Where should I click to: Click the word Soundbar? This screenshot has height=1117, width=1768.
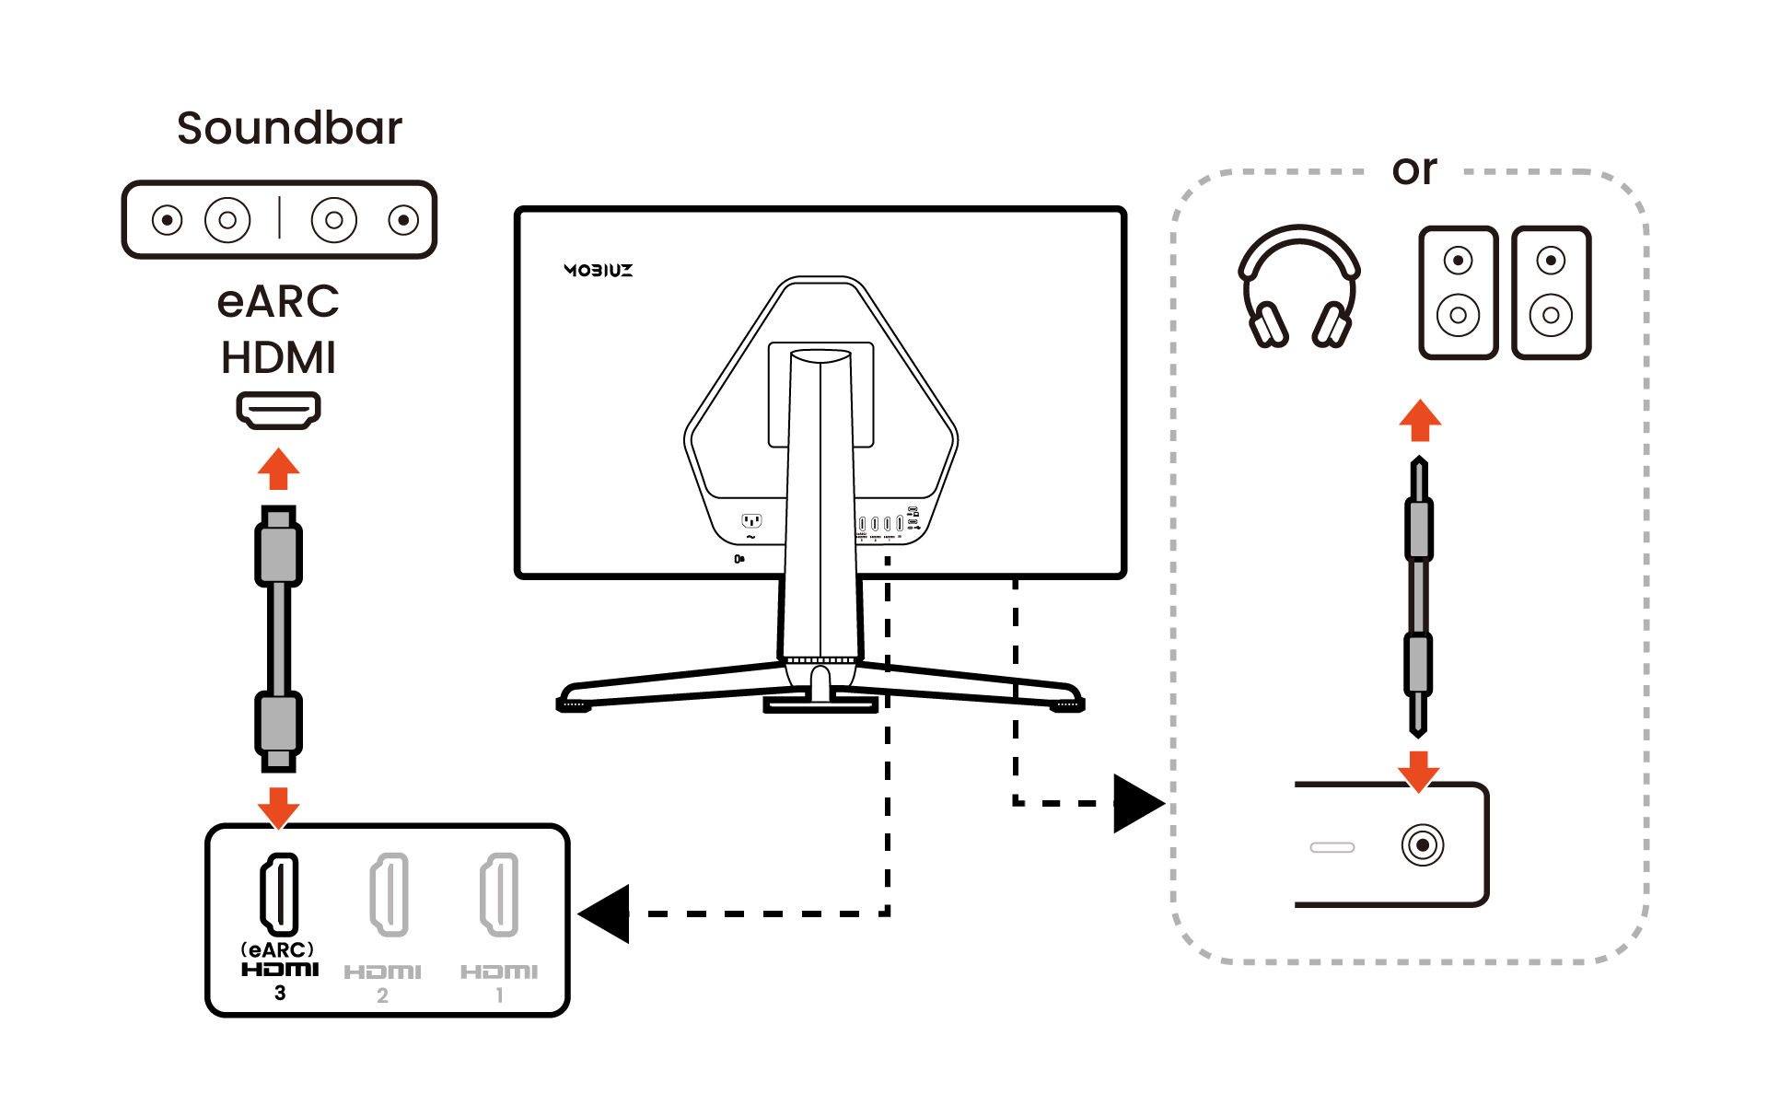[289, 128]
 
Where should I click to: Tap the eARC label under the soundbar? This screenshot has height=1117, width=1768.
[278, 302]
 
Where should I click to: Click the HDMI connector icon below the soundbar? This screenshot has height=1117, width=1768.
[278, 410]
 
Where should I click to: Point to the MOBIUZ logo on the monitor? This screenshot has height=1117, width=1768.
[599, 270]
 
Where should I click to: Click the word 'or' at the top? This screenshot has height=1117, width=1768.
[1414, 170]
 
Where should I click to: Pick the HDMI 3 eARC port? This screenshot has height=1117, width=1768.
[279, 893]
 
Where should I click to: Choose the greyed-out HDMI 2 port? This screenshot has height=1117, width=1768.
[389, 894]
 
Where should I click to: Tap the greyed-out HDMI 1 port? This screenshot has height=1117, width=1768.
[499, 894]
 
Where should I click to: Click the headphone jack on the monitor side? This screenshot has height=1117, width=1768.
[1423, 844]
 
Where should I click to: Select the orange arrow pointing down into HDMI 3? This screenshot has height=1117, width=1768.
[278, 808]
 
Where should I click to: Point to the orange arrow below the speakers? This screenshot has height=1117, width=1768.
[1420, 420]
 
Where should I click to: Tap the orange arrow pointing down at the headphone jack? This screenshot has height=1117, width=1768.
[1419, 771]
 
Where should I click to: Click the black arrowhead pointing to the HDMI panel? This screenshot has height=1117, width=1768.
[605, 913]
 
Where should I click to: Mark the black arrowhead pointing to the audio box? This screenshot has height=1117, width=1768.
[1136, 803]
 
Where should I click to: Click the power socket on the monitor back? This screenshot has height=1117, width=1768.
[751, 521]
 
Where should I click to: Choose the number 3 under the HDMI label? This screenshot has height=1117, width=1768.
[280, 993]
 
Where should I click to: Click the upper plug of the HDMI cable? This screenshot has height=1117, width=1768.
[278, 548]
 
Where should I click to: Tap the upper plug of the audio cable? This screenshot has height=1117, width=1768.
[1419, 516]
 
